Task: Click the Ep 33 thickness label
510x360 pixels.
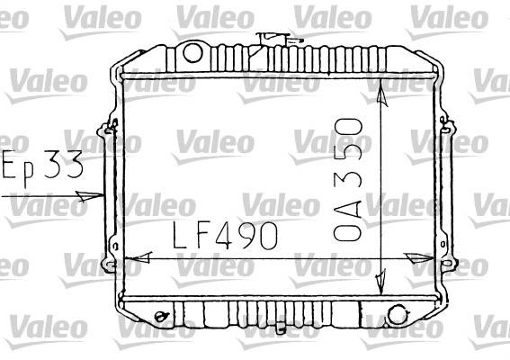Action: click(x=42, y=166)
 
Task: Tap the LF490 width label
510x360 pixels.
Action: click(x=225, y=235)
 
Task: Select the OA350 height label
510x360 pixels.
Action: click(x=348, y=180)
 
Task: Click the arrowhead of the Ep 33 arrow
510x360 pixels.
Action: click(x=89, y=196)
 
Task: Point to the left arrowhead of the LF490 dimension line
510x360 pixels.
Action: click(x=139, y=257)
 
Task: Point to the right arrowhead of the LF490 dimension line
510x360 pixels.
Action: click(x=419, y=258)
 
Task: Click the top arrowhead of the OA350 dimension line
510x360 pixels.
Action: click(x=382, y=94)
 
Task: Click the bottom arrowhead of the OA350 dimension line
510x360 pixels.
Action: click(x=380, y=282)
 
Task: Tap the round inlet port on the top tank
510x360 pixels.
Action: click(x=192, y=53)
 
